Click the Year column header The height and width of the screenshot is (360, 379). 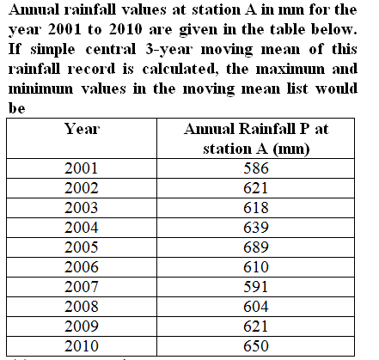tap(82, 129)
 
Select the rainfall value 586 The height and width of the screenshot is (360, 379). tap(256, 168)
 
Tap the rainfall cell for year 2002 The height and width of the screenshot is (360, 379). tap(255, 188)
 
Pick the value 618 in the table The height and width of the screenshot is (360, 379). tap(256, 208)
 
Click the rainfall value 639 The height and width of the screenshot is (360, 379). tap(256, 228)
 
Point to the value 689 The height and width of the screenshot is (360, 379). tap(256, 247)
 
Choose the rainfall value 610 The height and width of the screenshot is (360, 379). tap(256, 267)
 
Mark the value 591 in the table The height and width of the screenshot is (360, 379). tap(255, 287)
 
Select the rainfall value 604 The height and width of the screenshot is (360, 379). tap(256, 307)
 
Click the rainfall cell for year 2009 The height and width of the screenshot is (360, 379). tap(255, 326)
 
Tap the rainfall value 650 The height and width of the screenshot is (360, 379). tap(256, 346)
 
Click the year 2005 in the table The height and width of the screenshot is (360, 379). tap(82, 247)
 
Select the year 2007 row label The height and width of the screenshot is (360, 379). tap(82, 287)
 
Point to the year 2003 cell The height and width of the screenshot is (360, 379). tap(82, 208)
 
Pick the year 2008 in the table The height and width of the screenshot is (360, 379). tap(82, 307)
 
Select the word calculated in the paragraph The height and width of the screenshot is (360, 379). tap(180, 69)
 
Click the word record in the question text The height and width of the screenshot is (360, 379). tap(91, 69)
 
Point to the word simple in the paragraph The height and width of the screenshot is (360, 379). tap(53, 50)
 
